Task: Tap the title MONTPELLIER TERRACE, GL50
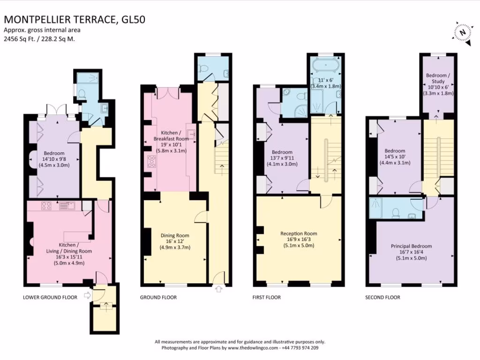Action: (75, 20)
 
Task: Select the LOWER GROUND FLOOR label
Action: (50, 297)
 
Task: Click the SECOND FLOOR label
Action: (382, 297)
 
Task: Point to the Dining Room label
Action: (175, 235)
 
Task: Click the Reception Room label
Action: (299, 233)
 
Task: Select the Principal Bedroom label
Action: (412, 246)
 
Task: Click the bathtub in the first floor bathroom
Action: (326, 65)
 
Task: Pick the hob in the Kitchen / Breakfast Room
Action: (151, 161)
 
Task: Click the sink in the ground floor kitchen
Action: (192, 134)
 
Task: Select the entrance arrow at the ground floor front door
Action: (218, 289)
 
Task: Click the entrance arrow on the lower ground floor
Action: (88, 295)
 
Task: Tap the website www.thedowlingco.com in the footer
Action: (253, 348)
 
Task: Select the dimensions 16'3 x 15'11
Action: (69, 257)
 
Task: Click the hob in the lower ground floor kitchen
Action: (46, 206)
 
